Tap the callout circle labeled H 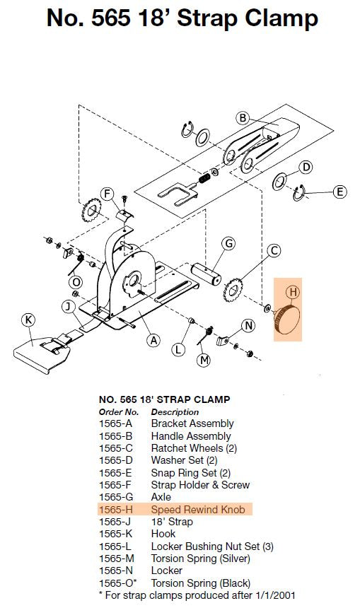click(293, 291)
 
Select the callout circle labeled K click(29, 320)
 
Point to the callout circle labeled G click(228, 244)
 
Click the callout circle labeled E click(339, 192)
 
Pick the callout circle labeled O click(76, 282)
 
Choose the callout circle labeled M click(204, 360)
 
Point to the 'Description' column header click(175, 411)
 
